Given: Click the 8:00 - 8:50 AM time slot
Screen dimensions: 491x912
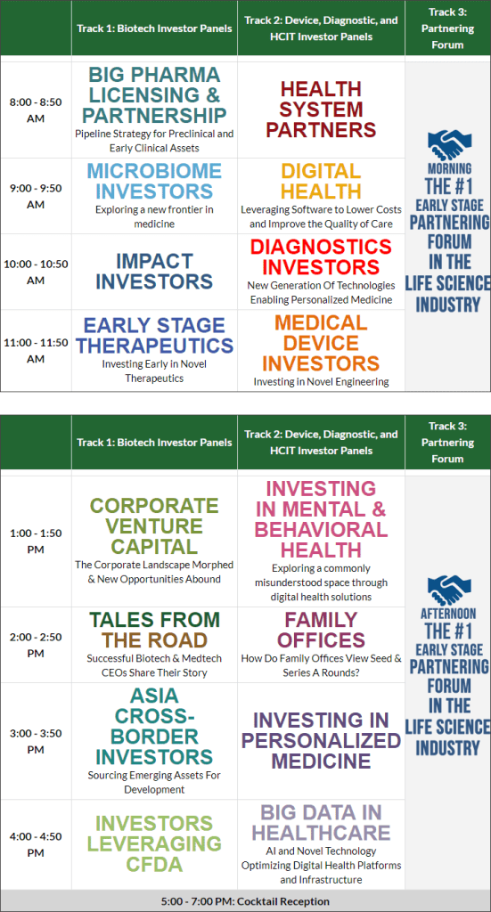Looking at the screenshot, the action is (x=36, y=110).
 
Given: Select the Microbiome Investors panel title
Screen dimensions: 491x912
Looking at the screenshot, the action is (x=154, y=181).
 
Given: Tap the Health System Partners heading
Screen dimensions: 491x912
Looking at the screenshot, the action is (x=321, y=109).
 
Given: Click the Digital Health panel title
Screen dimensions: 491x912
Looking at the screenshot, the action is (x=321, y=181).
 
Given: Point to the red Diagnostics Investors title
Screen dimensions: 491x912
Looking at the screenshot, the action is (x=321, y=256).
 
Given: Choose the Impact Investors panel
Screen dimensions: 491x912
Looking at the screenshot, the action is (x=154, y=271).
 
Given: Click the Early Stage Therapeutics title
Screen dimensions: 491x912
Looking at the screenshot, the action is (x=154, y=335).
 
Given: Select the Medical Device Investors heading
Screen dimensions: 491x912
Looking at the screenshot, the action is (x=321, y=343).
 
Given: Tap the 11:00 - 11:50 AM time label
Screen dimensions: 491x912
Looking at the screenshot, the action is (x=36, y=351).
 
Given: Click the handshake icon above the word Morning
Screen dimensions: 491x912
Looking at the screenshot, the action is (x=449, y=145).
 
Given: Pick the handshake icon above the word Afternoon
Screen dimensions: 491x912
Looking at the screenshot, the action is (x=449, y=590).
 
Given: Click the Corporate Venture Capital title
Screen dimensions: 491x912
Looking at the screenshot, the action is (x=154, y=526).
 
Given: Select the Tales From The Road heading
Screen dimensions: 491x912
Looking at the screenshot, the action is (x=154, y=630).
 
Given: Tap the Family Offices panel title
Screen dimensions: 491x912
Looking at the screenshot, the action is (x=321, y=630).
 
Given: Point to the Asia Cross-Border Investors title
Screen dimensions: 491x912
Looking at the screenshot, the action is (x=154, y=727).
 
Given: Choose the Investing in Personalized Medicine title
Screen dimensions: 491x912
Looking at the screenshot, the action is (x=321, y=740).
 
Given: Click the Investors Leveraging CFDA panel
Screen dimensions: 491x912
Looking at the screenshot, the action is (x=154, y=843).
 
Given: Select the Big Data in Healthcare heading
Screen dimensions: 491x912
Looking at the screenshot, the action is (x=321, y=822).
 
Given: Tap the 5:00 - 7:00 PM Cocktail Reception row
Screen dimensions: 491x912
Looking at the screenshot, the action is (x=246, y=901).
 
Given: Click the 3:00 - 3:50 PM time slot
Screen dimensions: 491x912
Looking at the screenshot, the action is (x=36, y=741).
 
